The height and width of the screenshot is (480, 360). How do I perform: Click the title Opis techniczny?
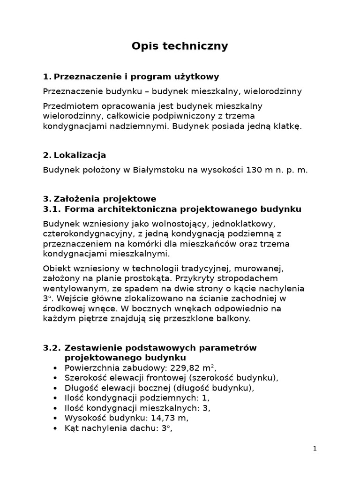180,46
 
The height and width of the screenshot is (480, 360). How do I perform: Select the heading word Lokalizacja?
80,155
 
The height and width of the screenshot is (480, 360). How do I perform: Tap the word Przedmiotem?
68,106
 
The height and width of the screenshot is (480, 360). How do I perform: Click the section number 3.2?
52,348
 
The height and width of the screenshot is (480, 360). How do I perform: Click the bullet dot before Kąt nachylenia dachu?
56,428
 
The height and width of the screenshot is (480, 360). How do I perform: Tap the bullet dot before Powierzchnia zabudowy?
56,368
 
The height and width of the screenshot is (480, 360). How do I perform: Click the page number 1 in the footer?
315,449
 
